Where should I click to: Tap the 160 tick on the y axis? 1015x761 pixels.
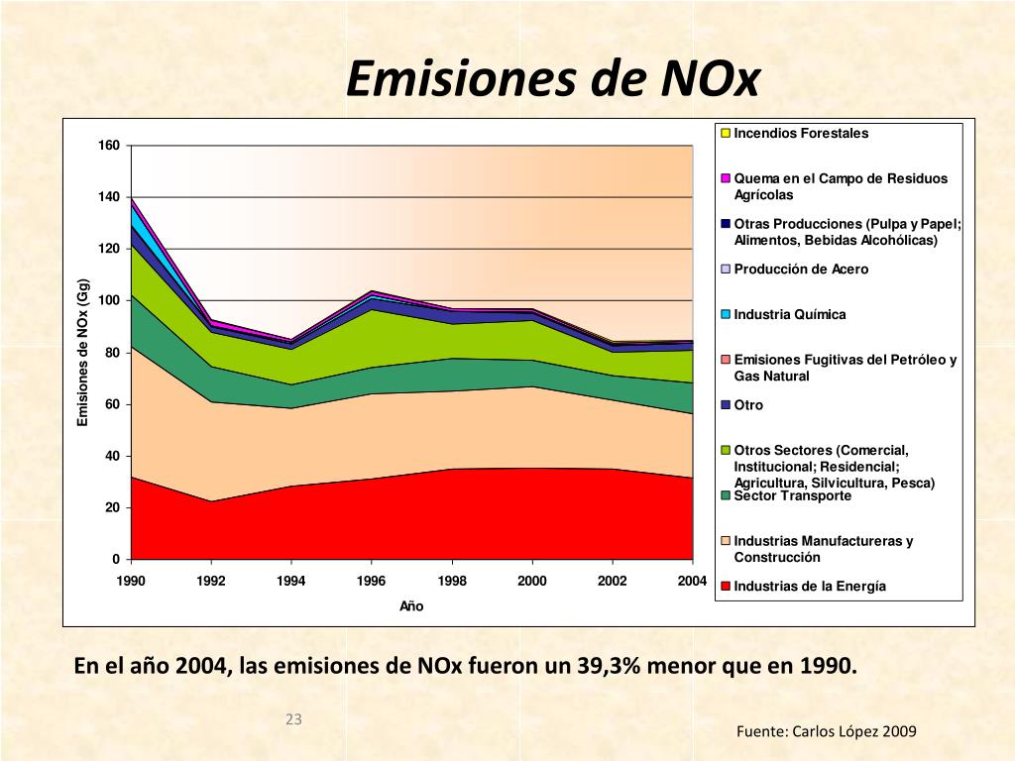(x=109, y=145)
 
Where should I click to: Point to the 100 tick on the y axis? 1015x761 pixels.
(x=109, y=300)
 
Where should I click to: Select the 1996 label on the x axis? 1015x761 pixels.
(x=371, y=581)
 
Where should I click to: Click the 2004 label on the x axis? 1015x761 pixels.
(x=692, y=581)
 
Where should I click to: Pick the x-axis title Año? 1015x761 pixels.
(x=411, y=605)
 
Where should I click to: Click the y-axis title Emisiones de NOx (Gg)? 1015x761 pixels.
(x=83, y=353)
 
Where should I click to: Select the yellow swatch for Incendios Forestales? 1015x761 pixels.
(x=726, y=134)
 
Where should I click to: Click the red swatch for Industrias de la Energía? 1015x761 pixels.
(x=726, y=587)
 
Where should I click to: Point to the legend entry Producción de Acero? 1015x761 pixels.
(x=795, y=270)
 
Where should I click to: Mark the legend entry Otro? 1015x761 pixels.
(x=742, y=405)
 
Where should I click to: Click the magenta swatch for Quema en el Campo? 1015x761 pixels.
(x=726, y=178)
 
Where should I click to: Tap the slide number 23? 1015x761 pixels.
(x=293, y=719)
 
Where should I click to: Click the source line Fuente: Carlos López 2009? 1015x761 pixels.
(x=827, y=732)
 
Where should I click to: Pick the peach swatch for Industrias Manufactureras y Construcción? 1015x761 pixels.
(x=726, y=541)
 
